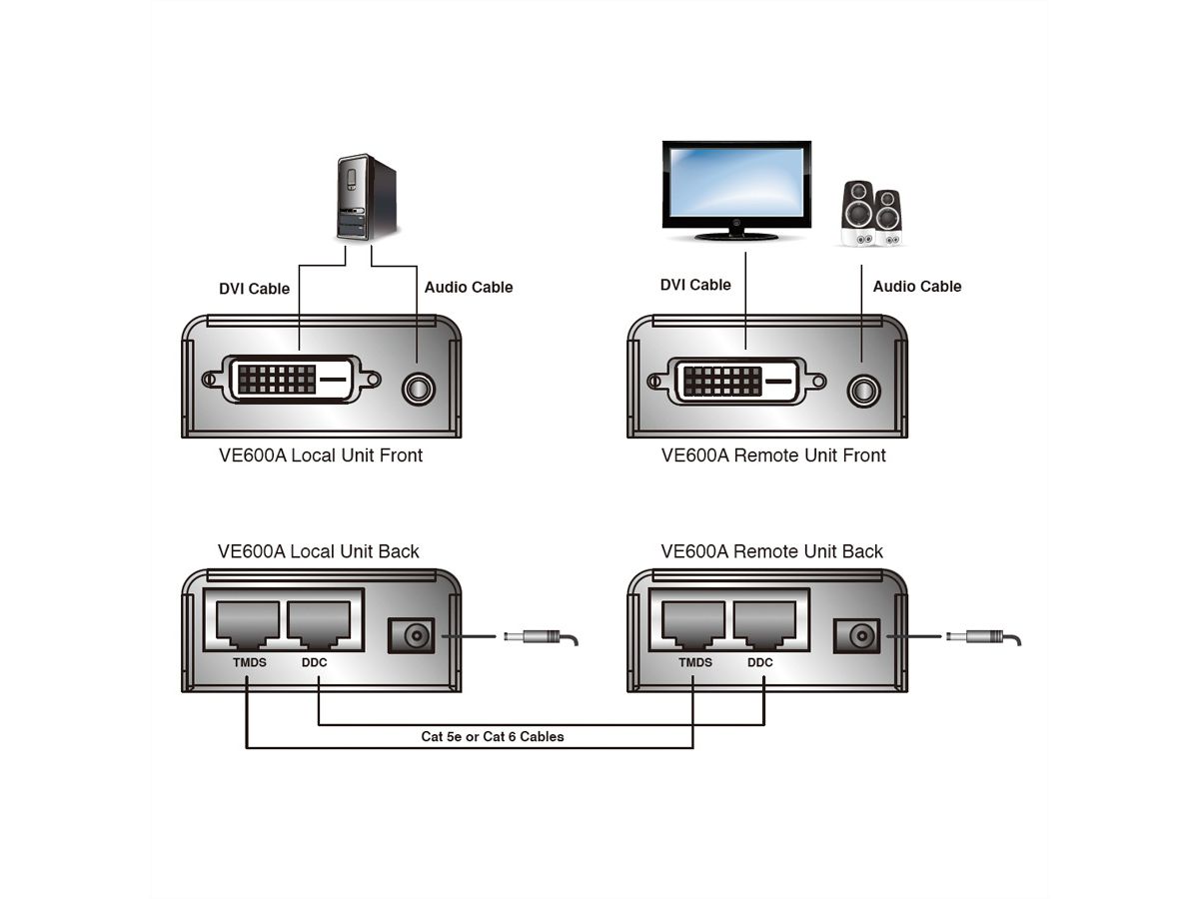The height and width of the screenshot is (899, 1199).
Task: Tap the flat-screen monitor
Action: pyautogui.click(x=736, y=186)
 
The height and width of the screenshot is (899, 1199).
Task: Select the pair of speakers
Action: pyautogui.click(x=872, y=212)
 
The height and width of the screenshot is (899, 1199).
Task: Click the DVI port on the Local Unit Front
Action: pyautogui.click(x=291, y=380)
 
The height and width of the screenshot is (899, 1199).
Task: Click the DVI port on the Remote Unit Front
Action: pyautogui.click(x=737, y=381)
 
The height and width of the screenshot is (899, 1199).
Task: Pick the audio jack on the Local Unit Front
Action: pyautogui.click(x=418, y=387)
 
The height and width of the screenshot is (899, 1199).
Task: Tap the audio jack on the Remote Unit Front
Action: pyautogui.click(x=863, y=388)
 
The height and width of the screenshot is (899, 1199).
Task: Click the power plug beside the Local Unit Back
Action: pyautogui.click(x=540, y=637)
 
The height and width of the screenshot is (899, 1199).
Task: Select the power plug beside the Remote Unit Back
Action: pyautogui.click(x=983, y=637)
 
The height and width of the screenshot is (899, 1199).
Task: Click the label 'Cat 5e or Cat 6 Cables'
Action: pyautogui.click(x=493, y=737)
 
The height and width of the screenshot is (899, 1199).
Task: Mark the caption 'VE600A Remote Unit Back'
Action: pyautogui.click(x=771, y=551)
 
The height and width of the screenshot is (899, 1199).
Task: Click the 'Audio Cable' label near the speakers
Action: pyautogui.click(x=917, y=287)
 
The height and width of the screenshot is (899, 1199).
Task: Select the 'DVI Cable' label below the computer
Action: pyautogui.click(x=254, y=289)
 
